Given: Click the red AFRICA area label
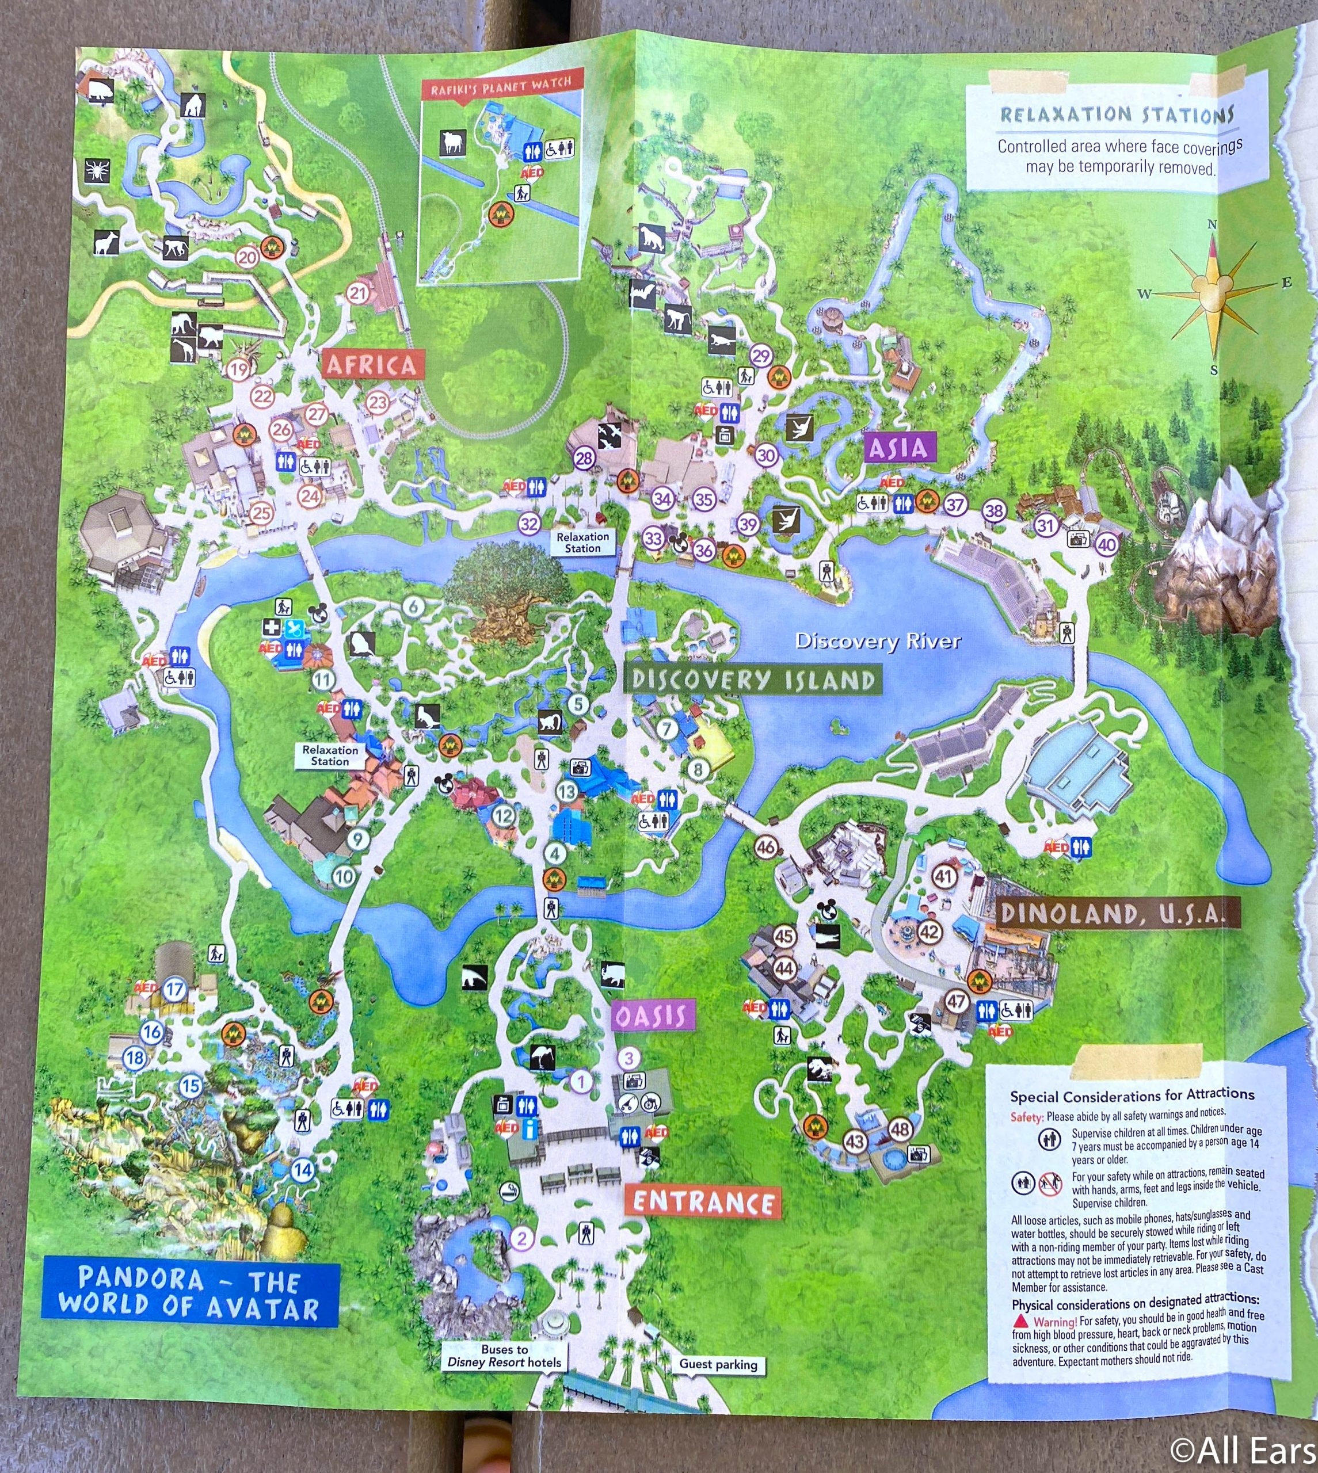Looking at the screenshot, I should [371, 364].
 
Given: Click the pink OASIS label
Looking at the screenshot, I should [650, 1016].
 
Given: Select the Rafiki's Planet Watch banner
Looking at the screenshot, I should [501, 87].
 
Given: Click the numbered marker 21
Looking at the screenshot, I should [358, 293].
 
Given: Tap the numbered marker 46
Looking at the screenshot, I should [765, 847].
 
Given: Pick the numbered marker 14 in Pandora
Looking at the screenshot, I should [303, 1170].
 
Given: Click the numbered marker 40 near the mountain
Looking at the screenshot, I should [1106, 544].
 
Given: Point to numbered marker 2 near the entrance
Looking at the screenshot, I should [521, 1238].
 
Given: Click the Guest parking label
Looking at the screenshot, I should [718, 1364].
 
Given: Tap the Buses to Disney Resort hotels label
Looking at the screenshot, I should [504, 1356].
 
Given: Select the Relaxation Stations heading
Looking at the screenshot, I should [1116, 115].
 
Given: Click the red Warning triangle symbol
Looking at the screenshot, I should [1020, 1322].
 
